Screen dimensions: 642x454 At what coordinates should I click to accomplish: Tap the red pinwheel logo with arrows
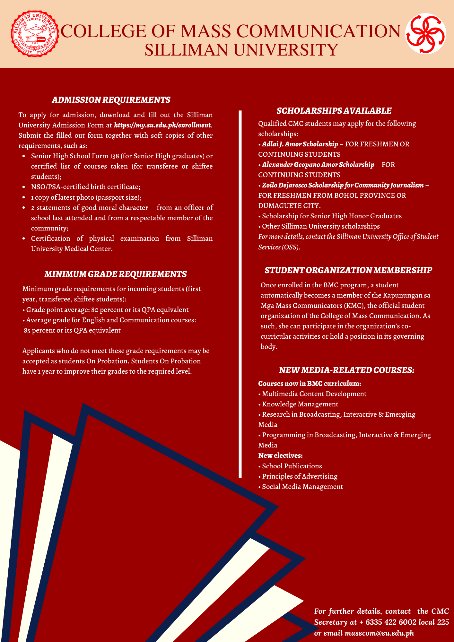425,33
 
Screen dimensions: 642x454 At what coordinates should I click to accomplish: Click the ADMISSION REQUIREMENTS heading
111,100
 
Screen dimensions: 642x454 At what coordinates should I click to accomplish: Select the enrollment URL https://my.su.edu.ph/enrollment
162,125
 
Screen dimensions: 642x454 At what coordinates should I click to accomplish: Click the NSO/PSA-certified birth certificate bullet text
86,187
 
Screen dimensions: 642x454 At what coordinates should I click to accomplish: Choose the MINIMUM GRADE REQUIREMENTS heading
116,274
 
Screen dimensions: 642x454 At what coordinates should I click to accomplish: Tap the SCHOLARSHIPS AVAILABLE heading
334,111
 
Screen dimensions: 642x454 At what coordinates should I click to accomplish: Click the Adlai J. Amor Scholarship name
300,144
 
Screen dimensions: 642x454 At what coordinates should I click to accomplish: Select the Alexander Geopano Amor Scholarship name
318,165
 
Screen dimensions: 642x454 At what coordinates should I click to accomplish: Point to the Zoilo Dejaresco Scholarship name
343,185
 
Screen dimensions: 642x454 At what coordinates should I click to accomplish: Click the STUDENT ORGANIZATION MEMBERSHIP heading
348,270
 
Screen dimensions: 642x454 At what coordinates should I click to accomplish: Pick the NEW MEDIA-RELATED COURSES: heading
347,370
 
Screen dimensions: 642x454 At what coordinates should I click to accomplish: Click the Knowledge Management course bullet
300,404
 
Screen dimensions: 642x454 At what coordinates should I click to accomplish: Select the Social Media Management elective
302,487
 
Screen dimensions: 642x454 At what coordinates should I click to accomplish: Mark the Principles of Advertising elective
300,476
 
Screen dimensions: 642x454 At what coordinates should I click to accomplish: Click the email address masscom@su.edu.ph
379,633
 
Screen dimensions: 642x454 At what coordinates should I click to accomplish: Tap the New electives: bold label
280,455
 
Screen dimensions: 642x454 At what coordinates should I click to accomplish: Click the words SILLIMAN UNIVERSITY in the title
241,50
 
